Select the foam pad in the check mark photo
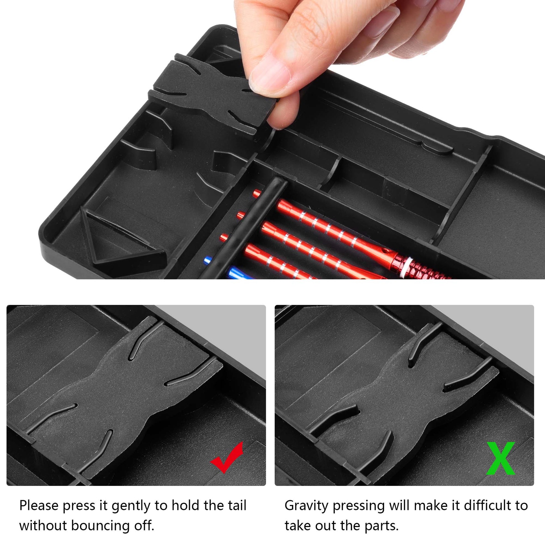[x=124, y=400]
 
